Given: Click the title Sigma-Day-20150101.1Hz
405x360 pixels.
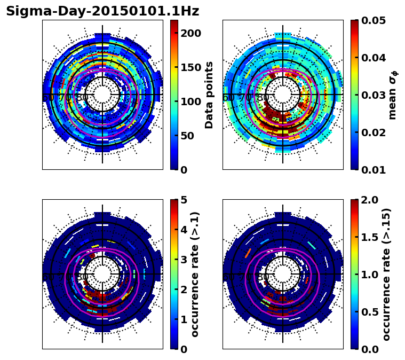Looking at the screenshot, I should click(x=102, y=11).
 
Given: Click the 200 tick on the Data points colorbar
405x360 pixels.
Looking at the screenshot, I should click(x=190, y=33).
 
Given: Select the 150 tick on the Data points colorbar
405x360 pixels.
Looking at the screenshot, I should click(x=190, y=67).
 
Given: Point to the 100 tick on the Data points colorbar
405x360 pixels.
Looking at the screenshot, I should click(x=190, y=101).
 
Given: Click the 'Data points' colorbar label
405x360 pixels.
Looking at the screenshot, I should click(x=209, y=95).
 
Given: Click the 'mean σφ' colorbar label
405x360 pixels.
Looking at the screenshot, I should click(x=393, y=95).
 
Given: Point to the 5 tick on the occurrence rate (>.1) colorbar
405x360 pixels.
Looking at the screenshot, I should click(x=184, y=200).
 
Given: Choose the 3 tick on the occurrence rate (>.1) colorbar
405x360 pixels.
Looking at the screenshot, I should click(x=184, y=260).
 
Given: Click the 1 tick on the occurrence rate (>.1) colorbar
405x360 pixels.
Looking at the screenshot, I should click(x=184, y=319).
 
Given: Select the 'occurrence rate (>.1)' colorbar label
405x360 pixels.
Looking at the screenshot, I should click(x=195, y=275).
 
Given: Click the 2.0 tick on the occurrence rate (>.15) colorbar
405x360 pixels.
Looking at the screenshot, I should click(x=368, y=200).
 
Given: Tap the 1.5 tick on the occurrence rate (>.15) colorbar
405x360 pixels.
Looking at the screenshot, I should click(x=368, y=237).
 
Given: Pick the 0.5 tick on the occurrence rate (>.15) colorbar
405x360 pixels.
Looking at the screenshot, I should click(x=368, y=312).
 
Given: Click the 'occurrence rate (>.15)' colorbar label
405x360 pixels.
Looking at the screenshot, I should click(x=387, y=275).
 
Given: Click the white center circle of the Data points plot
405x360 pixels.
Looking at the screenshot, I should click(x=102, y=95).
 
